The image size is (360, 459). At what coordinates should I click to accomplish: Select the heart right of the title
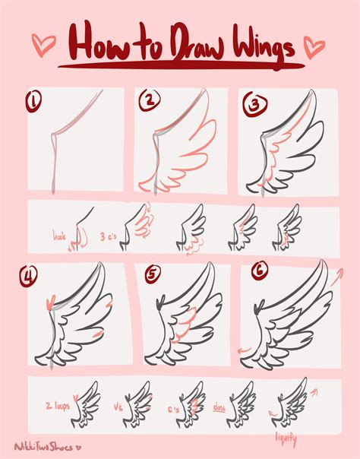click(x=311, y=46)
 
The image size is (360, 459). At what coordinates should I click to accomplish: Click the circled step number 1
click(x=33, y=100)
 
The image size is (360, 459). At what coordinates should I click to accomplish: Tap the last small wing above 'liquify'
click(x=292, y=401)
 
